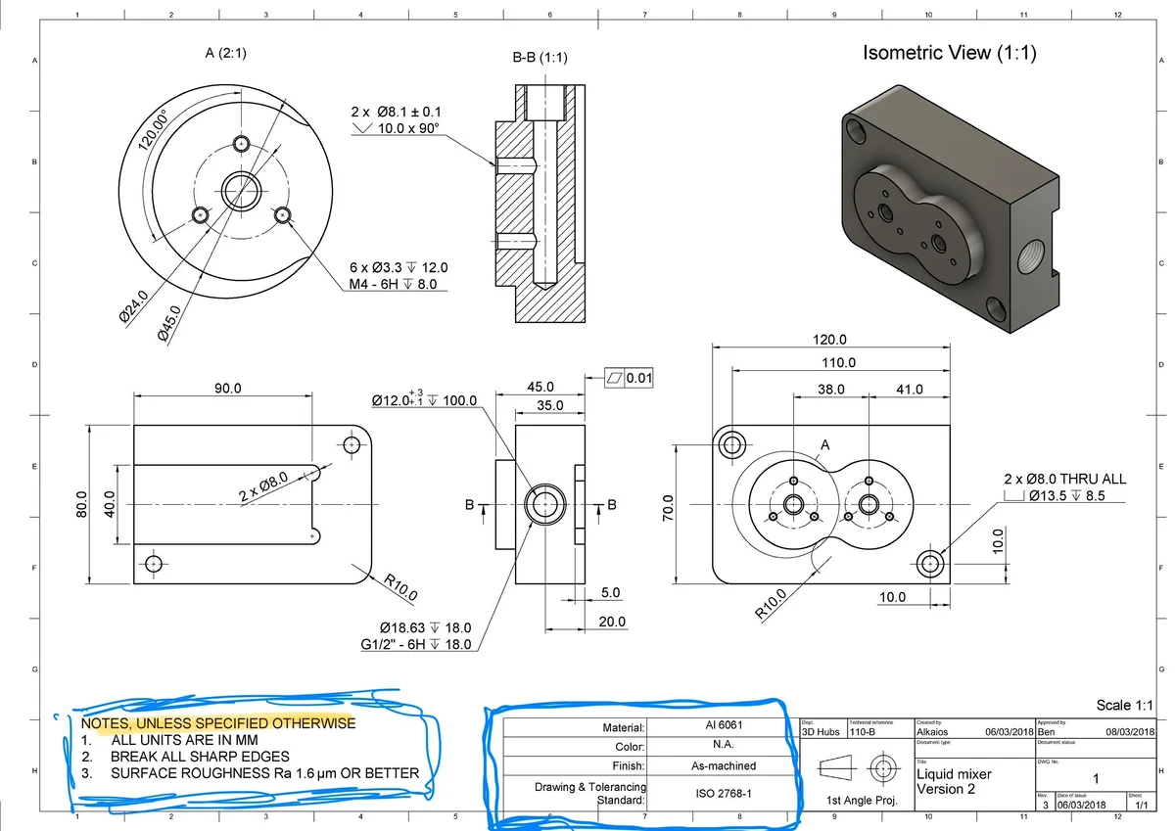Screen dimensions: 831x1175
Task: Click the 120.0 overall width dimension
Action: click(830, 340)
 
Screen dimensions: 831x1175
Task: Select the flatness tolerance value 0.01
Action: click(639, 377)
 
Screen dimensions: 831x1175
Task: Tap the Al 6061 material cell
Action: click(717, 726)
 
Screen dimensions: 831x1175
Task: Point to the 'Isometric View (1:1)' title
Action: click(949, 53)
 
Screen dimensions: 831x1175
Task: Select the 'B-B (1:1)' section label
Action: click(540, 58)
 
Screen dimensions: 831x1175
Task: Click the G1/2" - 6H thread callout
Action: click(415, 644)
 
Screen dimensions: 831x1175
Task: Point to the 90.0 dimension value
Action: click(229, 389)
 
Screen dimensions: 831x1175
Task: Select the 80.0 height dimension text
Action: click(83, 505)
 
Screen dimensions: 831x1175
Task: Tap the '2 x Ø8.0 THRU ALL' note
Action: click(1065, 479)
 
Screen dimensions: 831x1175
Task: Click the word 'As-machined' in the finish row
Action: click(717, 765)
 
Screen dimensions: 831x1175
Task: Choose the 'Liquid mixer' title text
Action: click(954, 773)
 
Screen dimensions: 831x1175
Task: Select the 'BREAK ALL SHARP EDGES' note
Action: click(200, 757)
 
